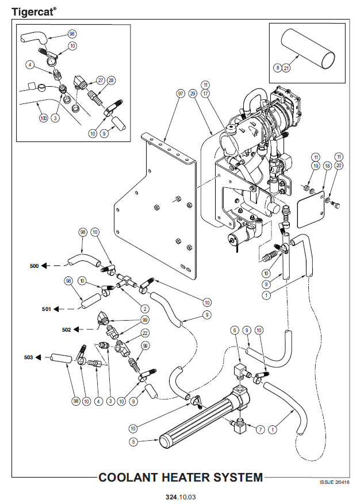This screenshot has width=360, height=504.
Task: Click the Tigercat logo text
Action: (33, 11)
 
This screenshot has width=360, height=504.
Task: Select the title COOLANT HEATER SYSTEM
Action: (181, 478)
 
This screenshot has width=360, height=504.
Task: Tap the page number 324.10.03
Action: (180, 495)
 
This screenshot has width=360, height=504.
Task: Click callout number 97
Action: (181, 94)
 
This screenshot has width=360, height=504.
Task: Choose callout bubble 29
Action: (193, 94)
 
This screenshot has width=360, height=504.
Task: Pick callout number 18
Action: (327, 166)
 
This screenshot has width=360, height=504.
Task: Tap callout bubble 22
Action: (145, 333)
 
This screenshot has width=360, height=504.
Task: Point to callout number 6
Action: (235, 330)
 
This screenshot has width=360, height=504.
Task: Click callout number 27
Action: (100, 80)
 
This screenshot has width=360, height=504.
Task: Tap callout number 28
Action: (111, 80)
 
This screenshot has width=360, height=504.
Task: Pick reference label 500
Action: (35, 267)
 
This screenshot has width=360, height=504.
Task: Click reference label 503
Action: (29, 357)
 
